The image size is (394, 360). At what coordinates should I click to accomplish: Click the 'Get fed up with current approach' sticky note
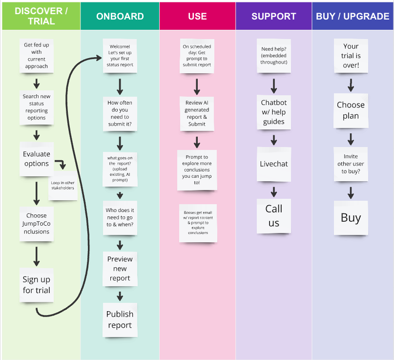(x=36, y=56)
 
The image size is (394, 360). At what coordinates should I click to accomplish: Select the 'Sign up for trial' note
(x=36, y=285)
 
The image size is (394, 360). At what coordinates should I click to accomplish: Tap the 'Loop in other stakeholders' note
(x=62, y=185)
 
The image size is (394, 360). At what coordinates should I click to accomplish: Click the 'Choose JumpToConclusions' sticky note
(x=36, y=223)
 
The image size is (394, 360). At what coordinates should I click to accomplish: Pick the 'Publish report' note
(x=120, y=319)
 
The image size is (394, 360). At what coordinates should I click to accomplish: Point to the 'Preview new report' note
(x=120, y=269)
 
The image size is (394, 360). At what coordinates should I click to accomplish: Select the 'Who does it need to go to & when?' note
(x=120, y=217)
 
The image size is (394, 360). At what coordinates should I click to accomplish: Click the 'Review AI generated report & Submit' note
(x=197, y=113)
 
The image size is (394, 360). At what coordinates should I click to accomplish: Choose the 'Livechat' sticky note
(x=274, y=164)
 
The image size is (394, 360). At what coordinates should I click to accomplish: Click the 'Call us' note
(x=274, y=215)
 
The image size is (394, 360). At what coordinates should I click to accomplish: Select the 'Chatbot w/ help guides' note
(x=274, y=112)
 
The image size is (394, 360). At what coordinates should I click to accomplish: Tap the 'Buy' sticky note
(x=351, y=218)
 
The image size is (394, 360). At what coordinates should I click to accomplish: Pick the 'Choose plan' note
(x=351, y=110)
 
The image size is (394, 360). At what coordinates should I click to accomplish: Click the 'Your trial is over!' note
(x=351, y=56)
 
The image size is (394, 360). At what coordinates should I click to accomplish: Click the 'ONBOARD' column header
(x=120, y=16)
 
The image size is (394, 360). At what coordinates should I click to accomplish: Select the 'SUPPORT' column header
(x=274, y=16)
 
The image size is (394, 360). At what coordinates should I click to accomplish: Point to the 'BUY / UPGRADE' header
(x=353, y=16)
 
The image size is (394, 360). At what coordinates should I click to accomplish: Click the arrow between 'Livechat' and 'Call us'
(x=274, y=191)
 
